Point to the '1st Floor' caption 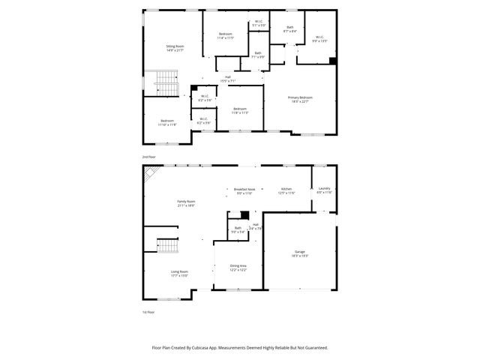pos(149,312)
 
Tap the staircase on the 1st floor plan pos(168,245)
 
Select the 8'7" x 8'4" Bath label pos(289,29)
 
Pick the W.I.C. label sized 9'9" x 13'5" pos(319,39)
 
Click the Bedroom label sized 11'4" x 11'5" pos(226,35)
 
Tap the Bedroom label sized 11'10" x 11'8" pos(167,122)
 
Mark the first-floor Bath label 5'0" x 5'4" pos(238,229)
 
